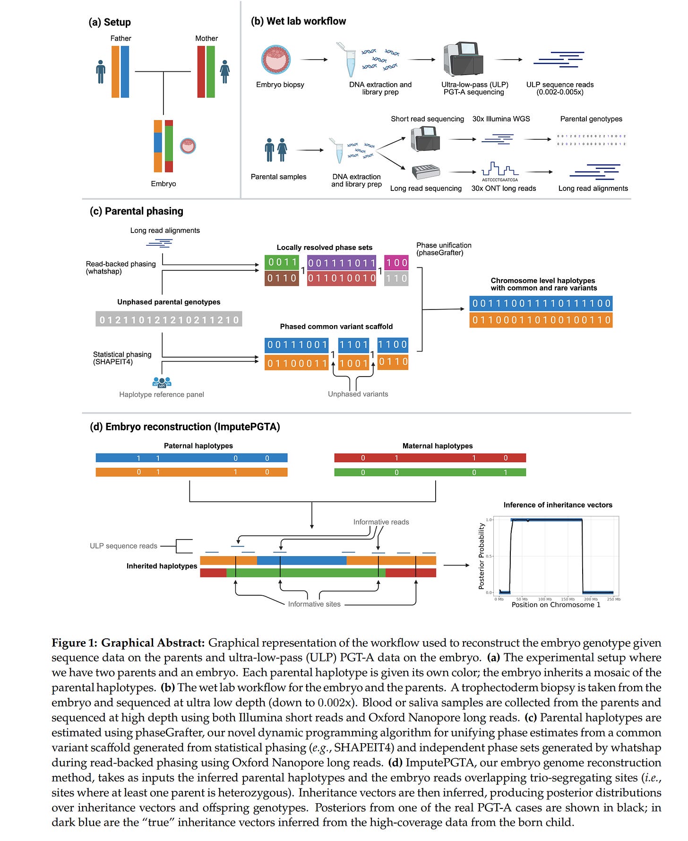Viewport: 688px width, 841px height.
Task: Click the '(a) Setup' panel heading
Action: (110, 22)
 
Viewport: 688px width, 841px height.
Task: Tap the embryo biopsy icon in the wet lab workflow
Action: (276, 60)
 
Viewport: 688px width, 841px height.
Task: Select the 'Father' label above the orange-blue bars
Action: (120, 38)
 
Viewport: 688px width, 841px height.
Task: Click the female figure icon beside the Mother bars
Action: (225, 72)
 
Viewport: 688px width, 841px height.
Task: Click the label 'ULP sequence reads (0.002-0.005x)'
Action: (560, 88)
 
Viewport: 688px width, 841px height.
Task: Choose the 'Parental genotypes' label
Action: (591, 119)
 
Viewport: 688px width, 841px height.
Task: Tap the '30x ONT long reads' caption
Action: (503, 188)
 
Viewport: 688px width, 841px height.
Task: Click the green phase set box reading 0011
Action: (282, 262)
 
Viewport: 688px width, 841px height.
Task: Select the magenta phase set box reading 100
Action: (396, 262)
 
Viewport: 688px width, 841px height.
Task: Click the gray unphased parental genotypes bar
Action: (169, 320)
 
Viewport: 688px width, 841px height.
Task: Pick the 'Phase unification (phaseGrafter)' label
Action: (444, 249)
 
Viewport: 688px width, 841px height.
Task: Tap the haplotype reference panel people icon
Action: (162, 382)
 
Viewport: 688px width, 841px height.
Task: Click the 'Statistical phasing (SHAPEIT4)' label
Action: (122, 358)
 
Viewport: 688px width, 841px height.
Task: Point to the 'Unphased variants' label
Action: (358, 394)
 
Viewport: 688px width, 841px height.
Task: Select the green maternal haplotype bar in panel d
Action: (430, 472)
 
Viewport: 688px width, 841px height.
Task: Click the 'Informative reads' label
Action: (381, 522)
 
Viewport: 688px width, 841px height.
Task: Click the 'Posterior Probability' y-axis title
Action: (482, 556)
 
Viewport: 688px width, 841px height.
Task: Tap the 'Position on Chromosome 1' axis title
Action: (556, 605)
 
